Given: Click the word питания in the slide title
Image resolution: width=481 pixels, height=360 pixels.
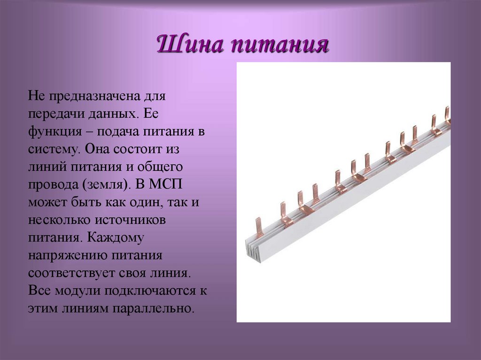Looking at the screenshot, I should [x=279, y=46].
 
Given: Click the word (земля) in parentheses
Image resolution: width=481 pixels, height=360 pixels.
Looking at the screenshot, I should [x=105, y=184].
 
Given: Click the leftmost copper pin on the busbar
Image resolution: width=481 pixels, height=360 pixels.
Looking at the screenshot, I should [x=258, y=228].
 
